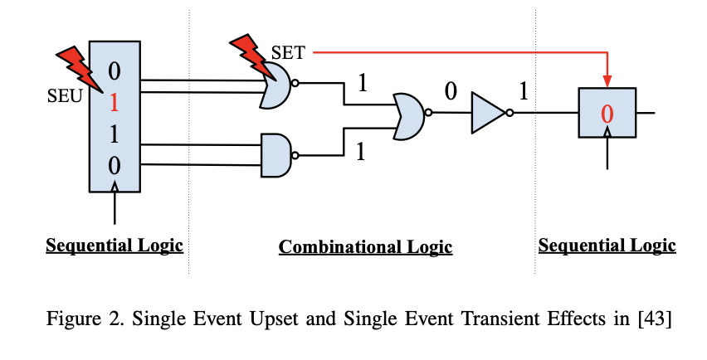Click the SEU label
(x=65, y=95)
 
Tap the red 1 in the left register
(x=114, y=103)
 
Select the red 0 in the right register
(x=607, y=114)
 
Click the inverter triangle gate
(x=488, y=113)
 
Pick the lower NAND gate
(x=276, y=153)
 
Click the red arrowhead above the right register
(x=607, y=81)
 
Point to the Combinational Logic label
(x=365, y=247)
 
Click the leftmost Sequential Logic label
(x=115, y=246)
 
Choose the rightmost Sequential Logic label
(x=607, y=246)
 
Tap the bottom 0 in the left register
(x=114, y=165)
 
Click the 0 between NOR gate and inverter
(x=450, y=91)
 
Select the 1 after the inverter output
(x=523, y=91)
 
